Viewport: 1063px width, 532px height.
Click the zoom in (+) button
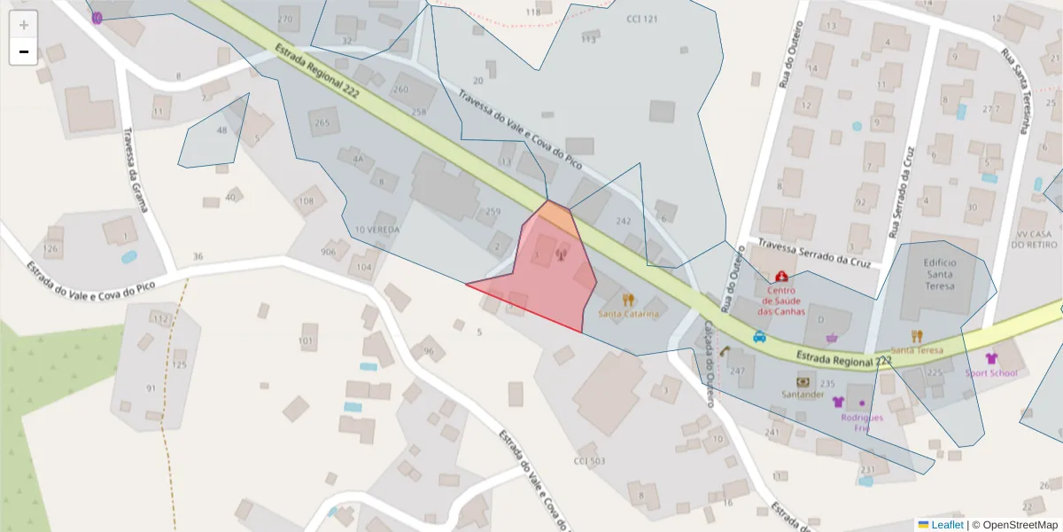(24, 25)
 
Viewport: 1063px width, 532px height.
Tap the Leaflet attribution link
(946, 525)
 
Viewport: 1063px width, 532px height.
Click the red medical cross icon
(781, 278)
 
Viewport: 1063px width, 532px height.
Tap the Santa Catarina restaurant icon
(629, 300)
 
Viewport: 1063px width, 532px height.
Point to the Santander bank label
(803, 394)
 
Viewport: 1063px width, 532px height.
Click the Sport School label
(991, 373)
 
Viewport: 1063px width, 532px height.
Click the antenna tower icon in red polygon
(560, 257)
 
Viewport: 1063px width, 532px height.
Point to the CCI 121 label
(642, 19)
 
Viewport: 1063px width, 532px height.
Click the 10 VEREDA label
(376, 230)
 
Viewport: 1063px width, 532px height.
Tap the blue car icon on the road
(759, 337)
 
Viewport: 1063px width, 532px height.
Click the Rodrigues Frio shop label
(862, 422)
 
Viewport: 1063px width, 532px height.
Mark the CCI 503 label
(589, 461)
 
